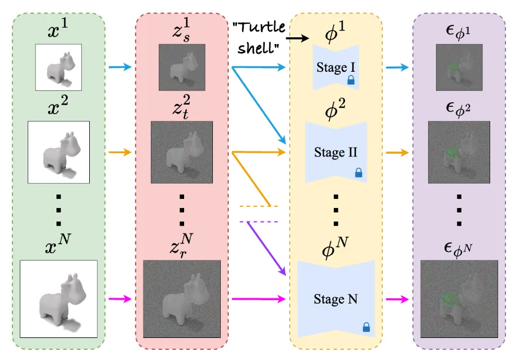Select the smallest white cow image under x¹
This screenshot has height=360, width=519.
pos(58,67)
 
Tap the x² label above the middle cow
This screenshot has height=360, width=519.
pos(58,109)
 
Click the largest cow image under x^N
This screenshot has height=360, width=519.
pos(58,298)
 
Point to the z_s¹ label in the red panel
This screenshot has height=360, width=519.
pos(182,32)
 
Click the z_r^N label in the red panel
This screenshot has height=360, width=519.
pos(182,246)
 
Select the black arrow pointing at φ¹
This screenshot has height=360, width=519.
pos(297,38)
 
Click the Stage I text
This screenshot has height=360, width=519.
pos(333,68)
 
